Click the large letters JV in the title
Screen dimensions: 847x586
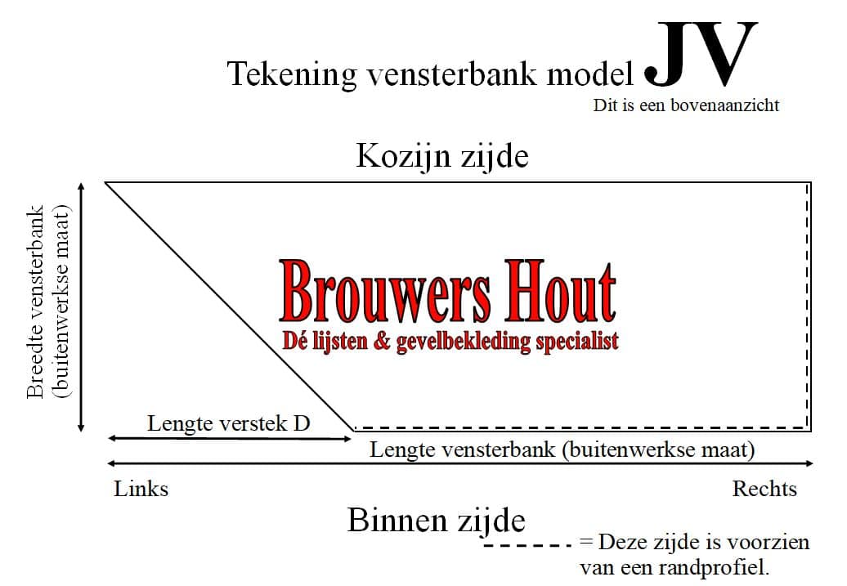701,54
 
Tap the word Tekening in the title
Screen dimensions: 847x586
292,74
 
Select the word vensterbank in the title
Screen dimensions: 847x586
452,74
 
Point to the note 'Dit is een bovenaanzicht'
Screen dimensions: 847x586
686,105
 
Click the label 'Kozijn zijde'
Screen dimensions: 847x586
442,156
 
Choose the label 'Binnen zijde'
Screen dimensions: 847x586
436,521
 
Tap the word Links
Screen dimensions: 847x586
141,489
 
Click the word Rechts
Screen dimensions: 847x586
764,489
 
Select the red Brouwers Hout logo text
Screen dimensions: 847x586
448,291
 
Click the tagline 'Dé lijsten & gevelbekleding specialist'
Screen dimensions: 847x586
450,341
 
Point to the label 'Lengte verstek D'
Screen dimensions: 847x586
228,423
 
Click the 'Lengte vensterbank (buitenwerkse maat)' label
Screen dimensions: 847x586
562,450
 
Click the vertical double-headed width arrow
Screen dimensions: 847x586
81,307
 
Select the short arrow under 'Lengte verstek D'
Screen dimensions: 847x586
230,439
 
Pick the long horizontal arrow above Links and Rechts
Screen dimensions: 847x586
461,463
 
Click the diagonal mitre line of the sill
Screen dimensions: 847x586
230,306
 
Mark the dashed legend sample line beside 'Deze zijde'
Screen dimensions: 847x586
527,545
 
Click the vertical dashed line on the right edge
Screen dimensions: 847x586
808,306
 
